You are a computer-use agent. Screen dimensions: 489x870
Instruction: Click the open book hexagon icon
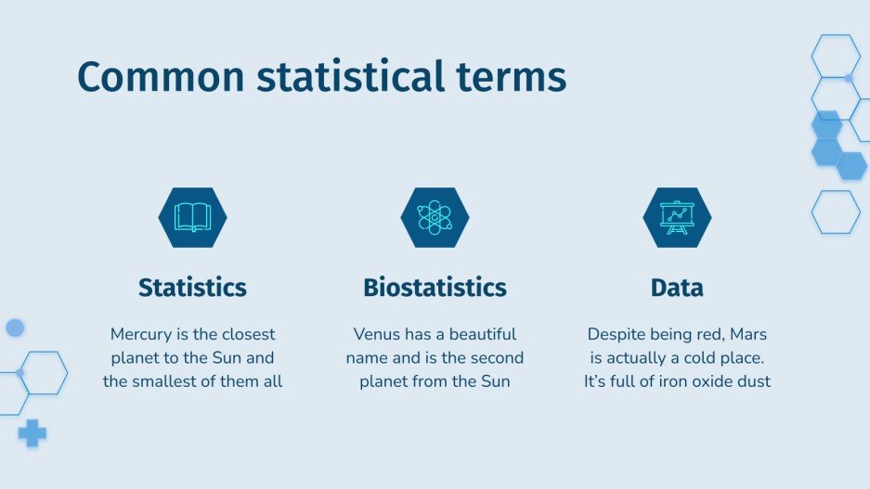[192, 217]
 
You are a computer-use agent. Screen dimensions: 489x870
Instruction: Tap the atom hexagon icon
[435, 217]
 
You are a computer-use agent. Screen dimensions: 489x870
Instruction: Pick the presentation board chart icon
[677, 217]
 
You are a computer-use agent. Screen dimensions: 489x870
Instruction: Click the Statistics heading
[192, 288]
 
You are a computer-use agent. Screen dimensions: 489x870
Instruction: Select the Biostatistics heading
[435, 288]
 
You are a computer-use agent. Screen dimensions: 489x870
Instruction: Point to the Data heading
[677, 288]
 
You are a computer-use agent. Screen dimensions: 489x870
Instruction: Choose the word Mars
[747, 334]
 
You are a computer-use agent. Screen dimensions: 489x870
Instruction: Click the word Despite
[617, 334]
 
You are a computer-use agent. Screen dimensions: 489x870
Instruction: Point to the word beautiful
[476, 334]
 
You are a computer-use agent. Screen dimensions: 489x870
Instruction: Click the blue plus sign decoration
[32, 432]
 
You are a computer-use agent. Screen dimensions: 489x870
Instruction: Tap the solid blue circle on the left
[15, 328]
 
